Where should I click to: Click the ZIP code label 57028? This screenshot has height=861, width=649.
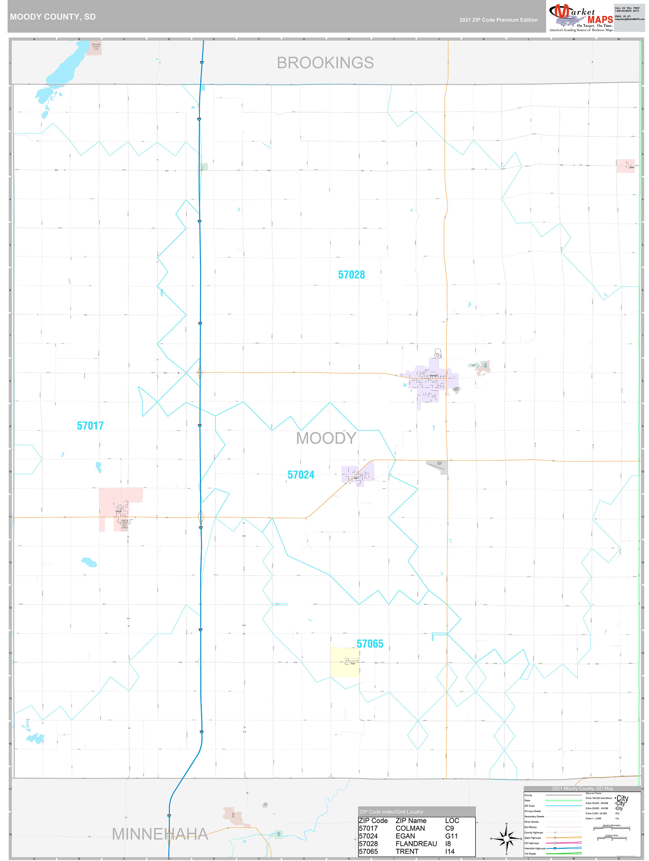point(351,275)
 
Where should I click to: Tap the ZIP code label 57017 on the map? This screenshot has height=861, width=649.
point(90,426)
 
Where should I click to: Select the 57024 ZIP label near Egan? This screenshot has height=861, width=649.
point(301,475)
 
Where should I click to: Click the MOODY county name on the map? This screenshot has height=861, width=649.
point(326,438)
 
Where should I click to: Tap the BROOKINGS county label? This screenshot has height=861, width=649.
point(325,63)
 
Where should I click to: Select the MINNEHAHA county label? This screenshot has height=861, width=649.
point(160,834)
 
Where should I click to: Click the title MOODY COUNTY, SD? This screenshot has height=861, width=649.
point(53,17)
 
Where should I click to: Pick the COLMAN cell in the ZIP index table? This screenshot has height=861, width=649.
point(410,828)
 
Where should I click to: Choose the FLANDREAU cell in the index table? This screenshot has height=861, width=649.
point(416,843)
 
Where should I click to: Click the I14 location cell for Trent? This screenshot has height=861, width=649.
point(450,851)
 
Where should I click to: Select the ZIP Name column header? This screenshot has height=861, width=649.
point(411,821)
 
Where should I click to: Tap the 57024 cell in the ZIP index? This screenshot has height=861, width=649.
point(368,836)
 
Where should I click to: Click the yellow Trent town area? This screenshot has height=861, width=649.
point(344,662)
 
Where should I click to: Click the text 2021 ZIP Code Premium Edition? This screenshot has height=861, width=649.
point(498,20)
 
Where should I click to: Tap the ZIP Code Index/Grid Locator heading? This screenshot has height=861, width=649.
point(392,812)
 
